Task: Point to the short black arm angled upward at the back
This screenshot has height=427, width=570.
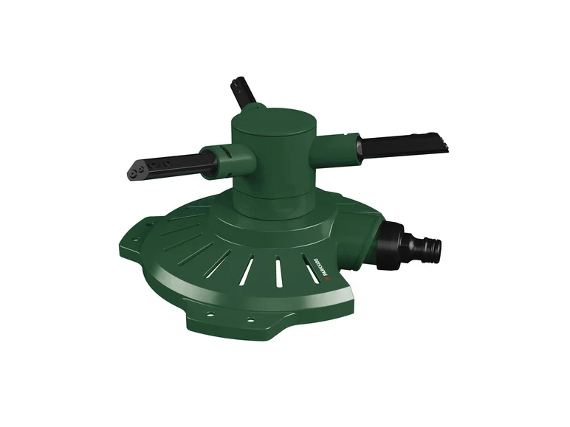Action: point(243,94)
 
